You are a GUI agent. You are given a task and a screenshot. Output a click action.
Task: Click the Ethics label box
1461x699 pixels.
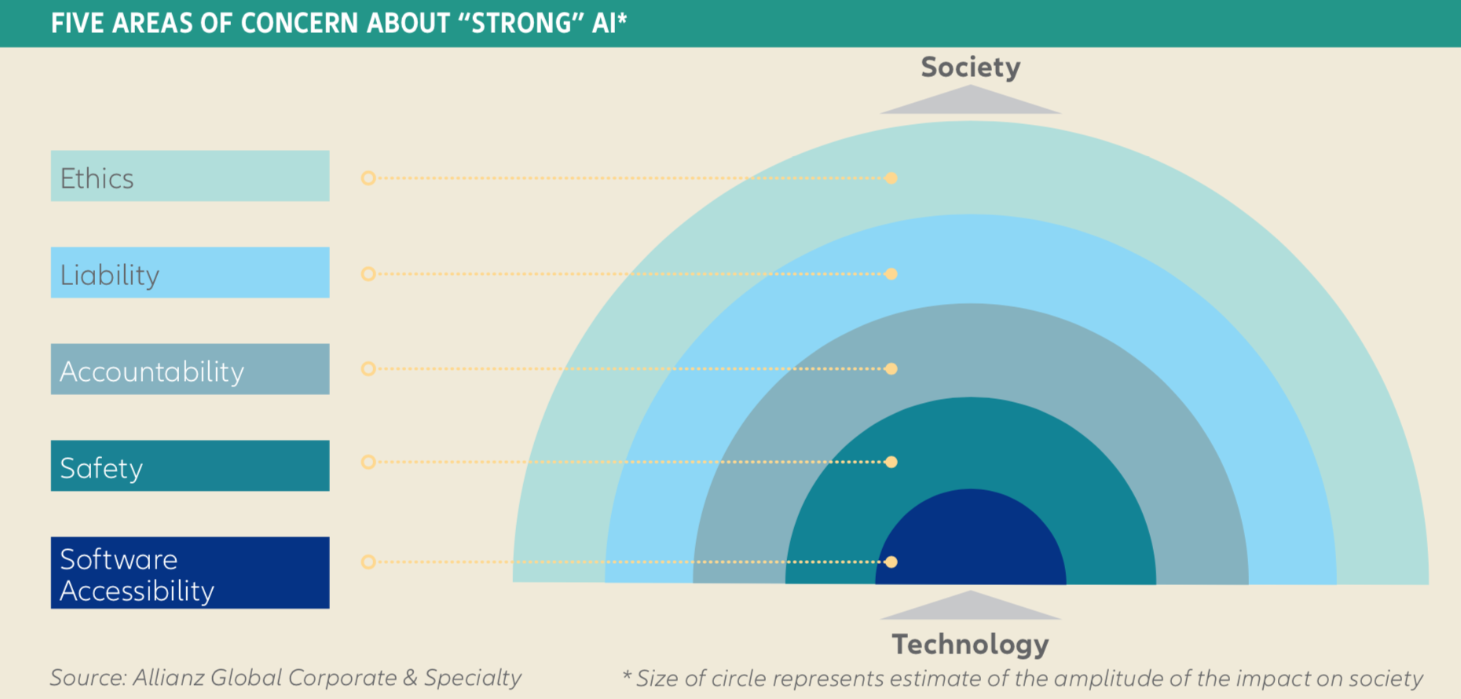pyautogui.click(x=190, y=176)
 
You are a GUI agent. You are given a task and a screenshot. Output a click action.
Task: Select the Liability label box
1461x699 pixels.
pyautogui.click(x=190, y=273)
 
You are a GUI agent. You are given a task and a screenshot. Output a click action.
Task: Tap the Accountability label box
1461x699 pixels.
pyautogui.click(x=190, y=369)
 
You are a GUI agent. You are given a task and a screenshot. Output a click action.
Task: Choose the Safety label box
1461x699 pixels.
pyautogui.click(x=190, y=466)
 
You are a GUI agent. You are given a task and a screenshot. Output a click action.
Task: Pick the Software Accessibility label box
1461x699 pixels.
pyautogui.click(x=190, y=573)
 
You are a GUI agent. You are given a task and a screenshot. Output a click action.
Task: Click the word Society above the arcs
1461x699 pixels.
pyautogui.click(x=970, y=68)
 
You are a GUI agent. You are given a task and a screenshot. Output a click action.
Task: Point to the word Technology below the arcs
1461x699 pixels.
pyautogui.click(x=970, y=644)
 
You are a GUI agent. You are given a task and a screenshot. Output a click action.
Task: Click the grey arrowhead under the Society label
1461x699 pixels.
pyautogui.click(x=970, y=101)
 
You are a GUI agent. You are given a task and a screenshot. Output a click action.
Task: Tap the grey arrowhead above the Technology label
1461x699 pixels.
pyautogui.click(x=970, y=606)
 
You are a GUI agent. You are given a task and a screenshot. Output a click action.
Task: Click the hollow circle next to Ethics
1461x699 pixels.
pyautogui.click(x=368, y=178)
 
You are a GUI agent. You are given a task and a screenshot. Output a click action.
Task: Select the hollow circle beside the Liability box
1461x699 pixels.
pyautogui.click(x=368, y=274)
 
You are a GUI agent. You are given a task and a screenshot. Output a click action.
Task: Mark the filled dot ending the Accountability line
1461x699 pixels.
pyautogui.click(x=891, y=369)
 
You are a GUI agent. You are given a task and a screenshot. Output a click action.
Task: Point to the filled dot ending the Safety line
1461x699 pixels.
pyautogui.click(x=891, y=462)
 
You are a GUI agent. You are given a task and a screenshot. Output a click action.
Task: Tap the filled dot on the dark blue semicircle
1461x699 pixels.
pyautogui.click(x=891, y=562)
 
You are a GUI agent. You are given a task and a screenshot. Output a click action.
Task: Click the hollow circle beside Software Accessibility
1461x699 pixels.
pyautogui.click(x=368, y=562)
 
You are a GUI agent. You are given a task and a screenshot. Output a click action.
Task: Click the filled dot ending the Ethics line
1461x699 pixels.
pyautogui.click(x=891, y=178)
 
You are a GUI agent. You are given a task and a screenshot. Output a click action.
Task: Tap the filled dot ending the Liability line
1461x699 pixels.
pyautogui.click(x=891, y=274)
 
